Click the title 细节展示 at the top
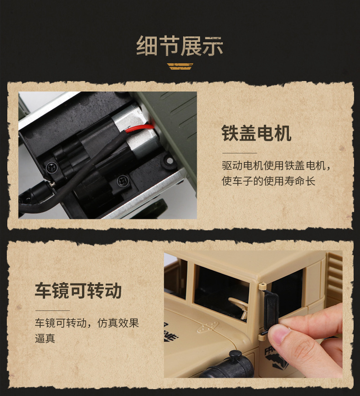[x=180, y=46]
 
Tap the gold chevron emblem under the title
[x=180, y=66]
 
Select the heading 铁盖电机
[x=257, y=133]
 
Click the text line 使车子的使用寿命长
[x=268, y=181]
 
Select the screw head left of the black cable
[x=51, y=167]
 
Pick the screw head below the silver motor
[x=121, y=181]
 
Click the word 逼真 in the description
[x=45, y=339]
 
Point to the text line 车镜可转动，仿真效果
[x=87, y=323]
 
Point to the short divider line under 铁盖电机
[x=239, y=153]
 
